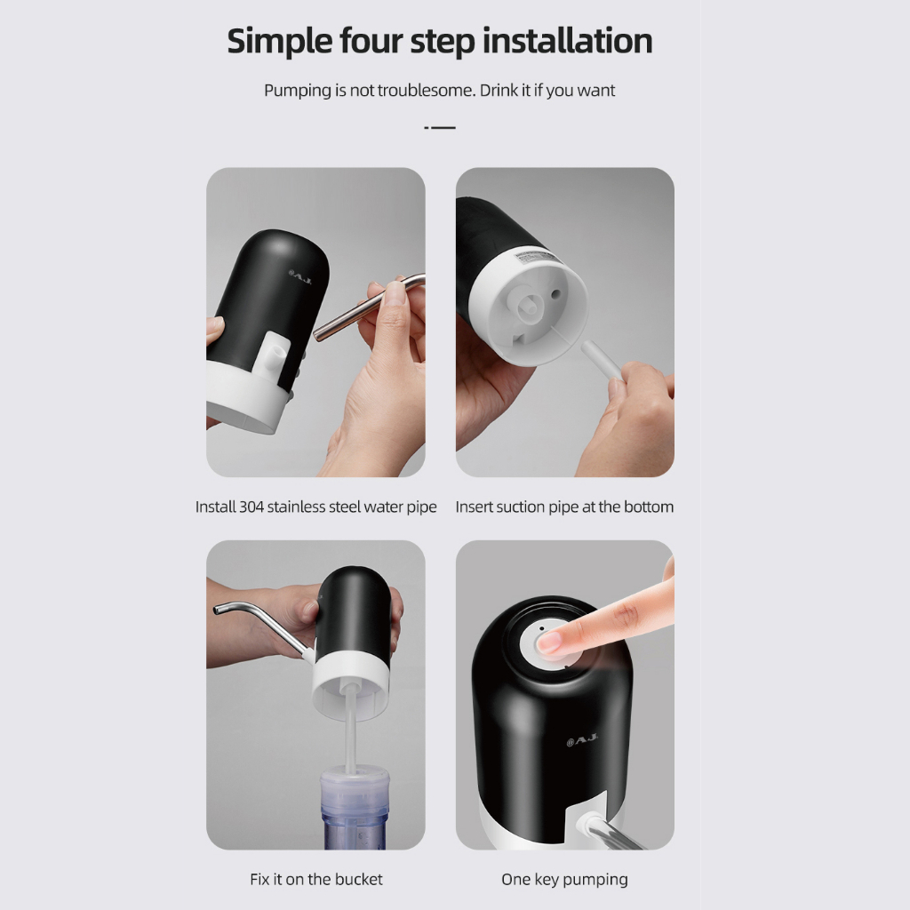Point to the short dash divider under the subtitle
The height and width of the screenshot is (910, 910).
coord(440,127)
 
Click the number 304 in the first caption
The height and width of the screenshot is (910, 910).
coord(251,507)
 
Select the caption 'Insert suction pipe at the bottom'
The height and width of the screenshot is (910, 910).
coord(564,507)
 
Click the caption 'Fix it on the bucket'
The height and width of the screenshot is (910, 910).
coord(316,879)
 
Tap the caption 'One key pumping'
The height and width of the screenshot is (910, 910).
coord(564,880)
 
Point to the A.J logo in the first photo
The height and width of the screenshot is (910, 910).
coord(300,277)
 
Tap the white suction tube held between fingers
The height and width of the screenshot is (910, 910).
coord(602,360)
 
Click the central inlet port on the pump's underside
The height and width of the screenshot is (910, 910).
coord(530,304)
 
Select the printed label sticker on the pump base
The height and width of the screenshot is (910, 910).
coord(538,257)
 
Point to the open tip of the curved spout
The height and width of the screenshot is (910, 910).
coord(217,610)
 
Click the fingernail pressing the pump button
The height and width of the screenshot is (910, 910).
coord(549,642)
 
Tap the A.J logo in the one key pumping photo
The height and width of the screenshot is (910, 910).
coord(581,739)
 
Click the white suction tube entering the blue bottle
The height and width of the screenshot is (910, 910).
coord(350,730)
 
